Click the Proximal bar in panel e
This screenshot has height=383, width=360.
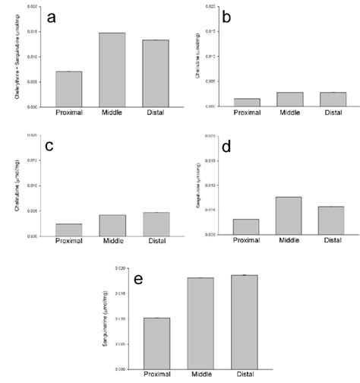click(x=156, y=343)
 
